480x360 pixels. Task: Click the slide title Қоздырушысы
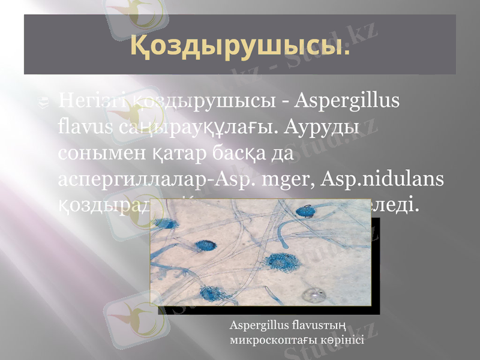pos(240,46)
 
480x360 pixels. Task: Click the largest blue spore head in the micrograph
pos(280,262)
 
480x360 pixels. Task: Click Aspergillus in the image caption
pos(257,327)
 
